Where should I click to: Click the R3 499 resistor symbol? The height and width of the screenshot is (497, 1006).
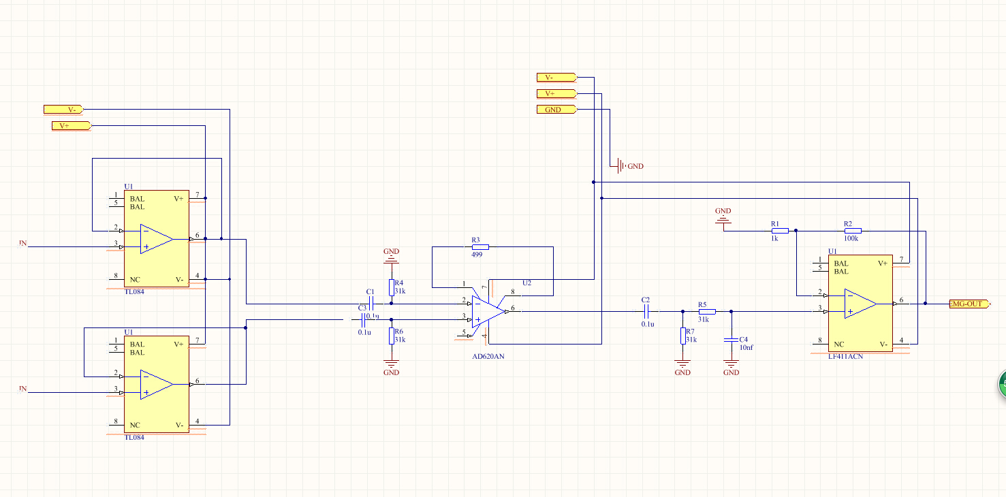pyautogui.click(x=480, y=246)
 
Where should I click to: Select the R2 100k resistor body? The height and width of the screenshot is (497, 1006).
pyautogui.click(x=853, y=231)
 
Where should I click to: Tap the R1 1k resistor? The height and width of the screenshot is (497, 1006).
pyautogui.click(x=780, y=231)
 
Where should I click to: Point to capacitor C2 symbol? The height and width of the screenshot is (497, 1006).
pyautogui.click(x=646, y=311)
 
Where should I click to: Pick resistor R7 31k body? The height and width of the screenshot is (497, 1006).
pyautogui.click(x=682, y=336)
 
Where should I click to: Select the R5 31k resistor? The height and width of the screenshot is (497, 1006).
pyautogui.click(x=707, y=311)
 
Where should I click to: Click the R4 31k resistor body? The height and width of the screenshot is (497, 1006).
pyautogui.click(x=392, y=287)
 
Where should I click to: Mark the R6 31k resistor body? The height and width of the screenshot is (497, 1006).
pyautogui.click(x=392, y=336)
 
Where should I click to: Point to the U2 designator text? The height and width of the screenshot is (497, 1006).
pyautogui.click(x=526, y=283)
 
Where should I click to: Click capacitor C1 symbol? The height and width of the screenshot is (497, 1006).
pyautogui.click(x=371, y=303)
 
